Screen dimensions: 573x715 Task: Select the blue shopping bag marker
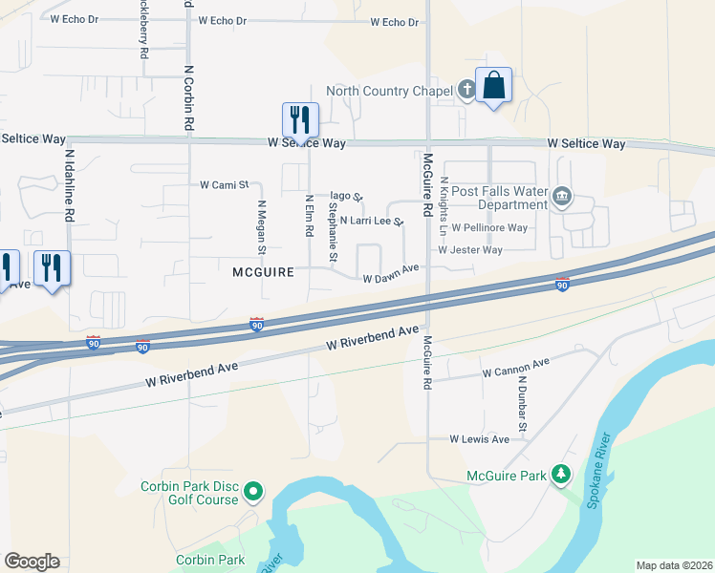pyautogui.click(x=493, y=86)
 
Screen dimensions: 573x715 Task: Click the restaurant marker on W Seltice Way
pyautogui.click(x=300, y=121)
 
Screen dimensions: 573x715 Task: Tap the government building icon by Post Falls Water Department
pyautogui.click(x=562, y=198)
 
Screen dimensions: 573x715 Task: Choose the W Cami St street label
pyautogui.click(x=224, y=184)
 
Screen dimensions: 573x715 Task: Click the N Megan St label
pyautogui.click(x=261, y=227)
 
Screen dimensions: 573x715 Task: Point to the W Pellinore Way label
pyautogui.click(x=489, y=228)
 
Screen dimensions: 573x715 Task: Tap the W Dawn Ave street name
pyautogui.click(x=392, y=274)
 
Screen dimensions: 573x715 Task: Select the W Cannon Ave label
pyautogui.click(x=516, y=368)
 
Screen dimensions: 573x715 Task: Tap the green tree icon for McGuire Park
pyautogui.click(x=562, y=475)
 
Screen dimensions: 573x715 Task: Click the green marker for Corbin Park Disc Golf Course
pyautogui.click(x=253, y=492)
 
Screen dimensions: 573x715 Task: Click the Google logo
pyautogui.click(x=32, y=562)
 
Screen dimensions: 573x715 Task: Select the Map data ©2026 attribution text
pyautogui.click(x=673, y=565)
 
